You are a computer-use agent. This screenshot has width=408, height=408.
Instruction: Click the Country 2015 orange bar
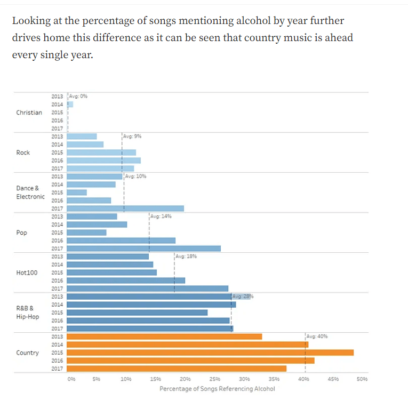[x=210, y=353]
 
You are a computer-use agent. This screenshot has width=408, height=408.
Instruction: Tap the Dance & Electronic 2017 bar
[x=125, y=209]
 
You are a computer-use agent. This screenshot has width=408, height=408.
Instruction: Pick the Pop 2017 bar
[x=143, y=249]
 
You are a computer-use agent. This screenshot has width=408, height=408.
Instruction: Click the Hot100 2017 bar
[x=147, y=289]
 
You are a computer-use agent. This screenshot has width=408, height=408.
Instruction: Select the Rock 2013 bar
[x=82, y=137]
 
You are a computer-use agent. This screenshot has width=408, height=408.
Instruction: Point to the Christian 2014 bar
[x=70, y=105]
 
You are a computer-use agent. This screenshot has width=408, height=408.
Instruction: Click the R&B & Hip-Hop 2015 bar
[x=137, y=313]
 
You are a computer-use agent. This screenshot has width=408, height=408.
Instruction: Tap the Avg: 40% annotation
[x=317, y=337]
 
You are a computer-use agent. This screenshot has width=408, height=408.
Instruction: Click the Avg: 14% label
[x=161, y=217]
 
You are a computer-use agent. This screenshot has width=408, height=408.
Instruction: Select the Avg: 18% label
[x=186, y=257]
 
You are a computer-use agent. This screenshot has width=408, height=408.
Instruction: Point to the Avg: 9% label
[x=132, y=137]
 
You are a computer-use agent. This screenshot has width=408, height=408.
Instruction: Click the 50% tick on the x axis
[x=362, y=379]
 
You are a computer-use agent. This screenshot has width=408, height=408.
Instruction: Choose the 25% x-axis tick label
[x=215, y=379]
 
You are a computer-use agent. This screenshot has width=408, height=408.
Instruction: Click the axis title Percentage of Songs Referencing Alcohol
[x=217, y=389]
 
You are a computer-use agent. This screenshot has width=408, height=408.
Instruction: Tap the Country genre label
[x=27, y=353]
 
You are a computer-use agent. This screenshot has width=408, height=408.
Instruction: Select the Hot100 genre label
[x=27, y=273]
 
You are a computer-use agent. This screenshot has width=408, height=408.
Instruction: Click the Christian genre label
[x=29, y=113]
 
